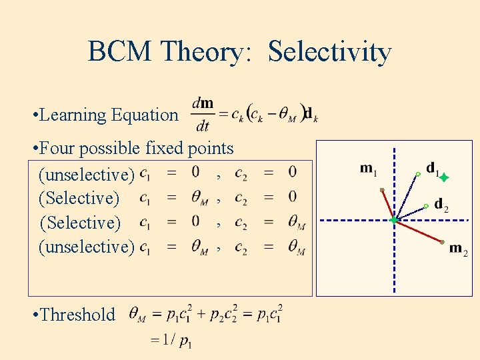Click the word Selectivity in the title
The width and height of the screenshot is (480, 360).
pos(329,51)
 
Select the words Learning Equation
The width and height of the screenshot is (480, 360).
pos(109,115)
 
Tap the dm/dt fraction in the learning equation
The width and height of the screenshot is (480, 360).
pos(203,115)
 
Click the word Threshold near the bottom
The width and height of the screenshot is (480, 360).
pos(78,314)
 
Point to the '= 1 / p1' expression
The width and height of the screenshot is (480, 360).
pos(172,341)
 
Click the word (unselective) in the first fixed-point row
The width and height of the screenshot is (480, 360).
pos(87,174)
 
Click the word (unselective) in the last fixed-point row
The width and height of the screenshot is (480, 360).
pos(87,247)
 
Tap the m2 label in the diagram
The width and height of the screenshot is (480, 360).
pos(458,249)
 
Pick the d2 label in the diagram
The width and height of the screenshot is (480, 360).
pos(441,204)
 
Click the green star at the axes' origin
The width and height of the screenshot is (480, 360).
pos(394,219)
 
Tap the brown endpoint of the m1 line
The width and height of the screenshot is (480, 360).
pos(382,191)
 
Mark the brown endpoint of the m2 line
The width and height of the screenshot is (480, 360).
pos(442,241)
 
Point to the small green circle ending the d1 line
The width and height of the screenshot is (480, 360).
pos(417,174)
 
